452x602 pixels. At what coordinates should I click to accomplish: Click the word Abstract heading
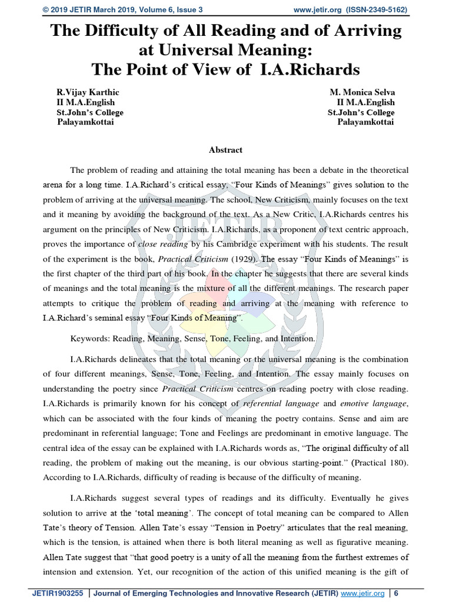(x=225, y=150)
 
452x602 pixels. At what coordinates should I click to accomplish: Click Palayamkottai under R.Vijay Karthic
(x=85, y=122)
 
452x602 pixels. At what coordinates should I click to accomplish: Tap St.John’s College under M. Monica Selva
(x=361, y=112)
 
